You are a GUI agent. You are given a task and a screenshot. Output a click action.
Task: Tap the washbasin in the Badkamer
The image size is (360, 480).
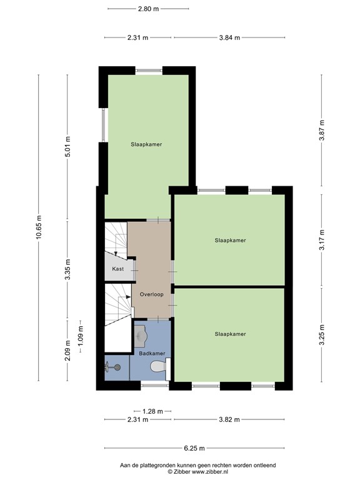141,337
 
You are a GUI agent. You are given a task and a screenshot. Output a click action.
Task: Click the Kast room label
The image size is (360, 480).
117,269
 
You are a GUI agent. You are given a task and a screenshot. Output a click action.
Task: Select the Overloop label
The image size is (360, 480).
151,294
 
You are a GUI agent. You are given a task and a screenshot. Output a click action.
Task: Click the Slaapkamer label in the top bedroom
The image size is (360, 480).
146,144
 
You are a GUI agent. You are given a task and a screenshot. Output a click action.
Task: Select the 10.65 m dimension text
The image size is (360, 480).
39,229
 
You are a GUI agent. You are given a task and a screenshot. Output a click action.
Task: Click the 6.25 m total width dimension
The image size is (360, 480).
195,448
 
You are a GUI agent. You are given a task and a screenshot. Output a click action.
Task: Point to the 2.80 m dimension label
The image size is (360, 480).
148,9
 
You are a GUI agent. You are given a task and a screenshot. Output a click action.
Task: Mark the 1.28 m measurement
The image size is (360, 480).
152,411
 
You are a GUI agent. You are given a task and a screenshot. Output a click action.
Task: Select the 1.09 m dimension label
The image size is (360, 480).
80,337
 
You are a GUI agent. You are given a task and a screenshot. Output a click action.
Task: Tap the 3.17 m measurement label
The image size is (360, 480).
322,240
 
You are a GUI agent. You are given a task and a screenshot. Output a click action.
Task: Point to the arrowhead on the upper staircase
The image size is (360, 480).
116,249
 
